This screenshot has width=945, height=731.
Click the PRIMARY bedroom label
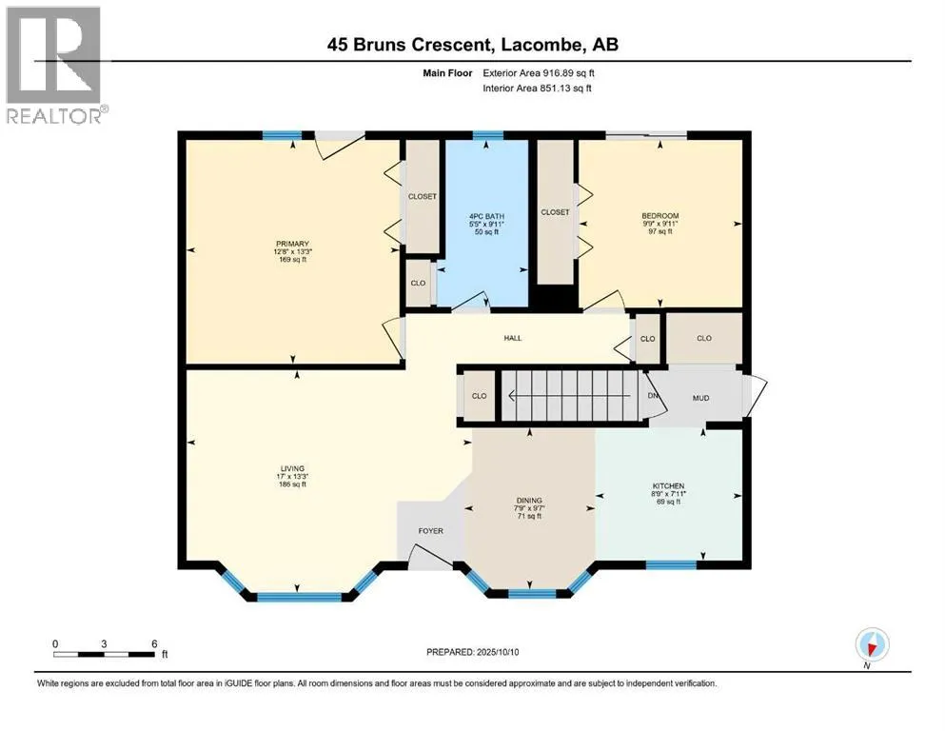pos(292,244)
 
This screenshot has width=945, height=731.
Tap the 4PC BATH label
pos(486,216)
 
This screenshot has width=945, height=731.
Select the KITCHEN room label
pos(668,485)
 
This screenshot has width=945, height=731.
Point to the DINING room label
pos(529,501)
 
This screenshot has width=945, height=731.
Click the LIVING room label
pos(292,468)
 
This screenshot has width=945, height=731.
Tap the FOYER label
pos(430,531)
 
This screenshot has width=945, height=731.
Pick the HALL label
pos(513,338)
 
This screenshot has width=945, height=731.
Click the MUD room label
pos(700,398)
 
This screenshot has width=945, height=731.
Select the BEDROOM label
pos(660,216)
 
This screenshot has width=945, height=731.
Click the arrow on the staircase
pos(570,396)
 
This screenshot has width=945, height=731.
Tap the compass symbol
pos(872,644)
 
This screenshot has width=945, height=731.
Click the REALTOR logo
pos(56,65)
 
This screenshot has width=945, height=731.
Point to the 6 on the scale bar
pos(154,643)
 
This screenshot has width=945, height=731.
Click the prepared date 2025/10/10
pos(497,652)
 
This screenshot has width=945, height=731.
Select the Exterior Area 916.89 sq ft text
pos(539,73)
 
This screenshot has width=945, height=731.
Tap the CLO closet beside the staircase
pos(479,396)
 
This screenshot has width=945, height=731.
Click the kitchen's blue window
pos(671,564)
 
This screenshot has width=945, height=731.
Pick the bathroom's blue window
pos(487,135)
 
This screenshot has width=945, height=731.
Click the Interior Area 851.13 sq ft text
pos(537,88)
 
